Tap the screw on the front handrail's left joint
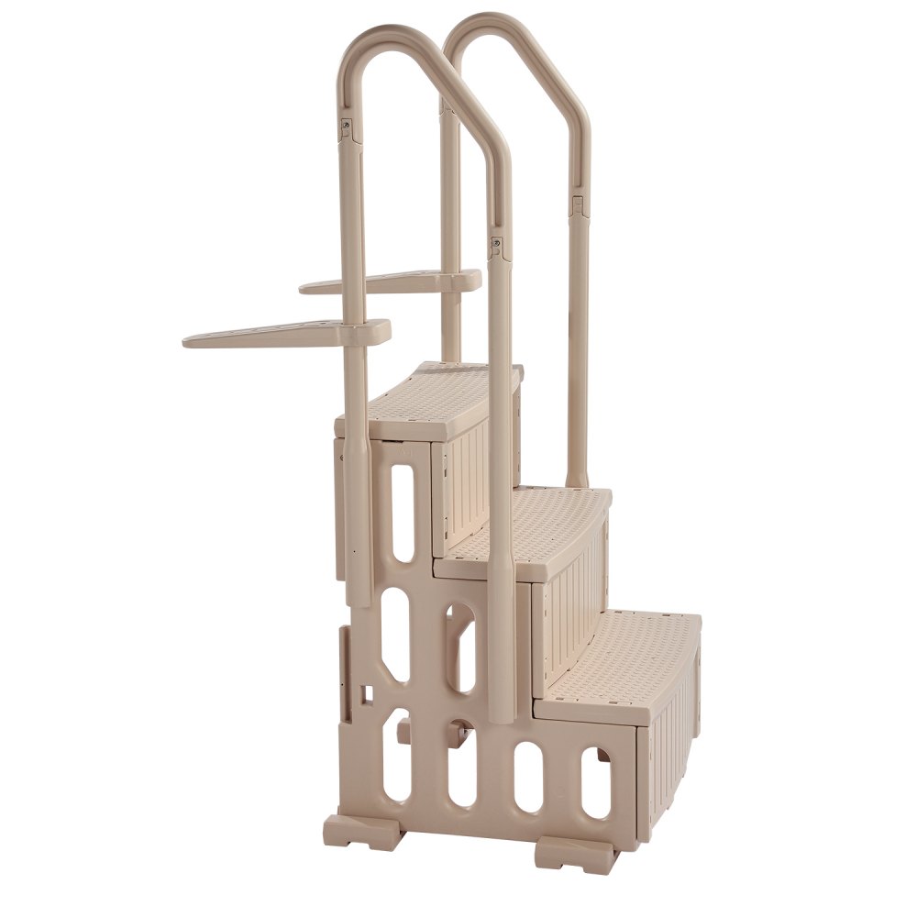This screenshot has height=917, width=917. click(x=348, y=125)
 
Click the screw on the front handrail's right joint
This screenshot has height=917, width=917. click(x=496, y=245)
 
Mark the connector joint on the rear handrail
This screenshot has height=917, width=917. click(x=577, y=203)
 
